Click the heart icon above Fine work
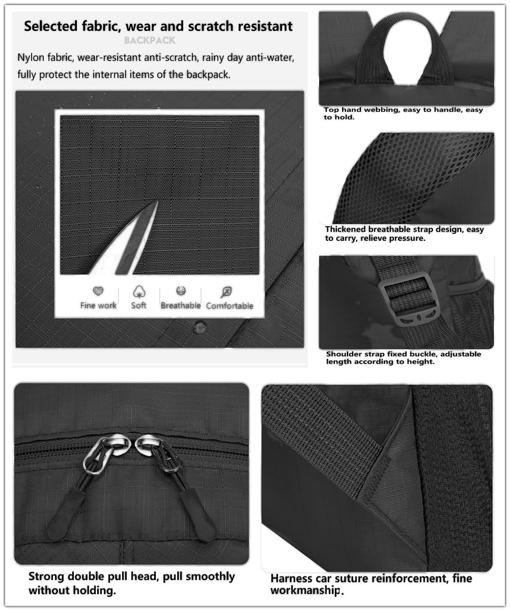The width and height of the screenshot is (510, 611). pos(98,291)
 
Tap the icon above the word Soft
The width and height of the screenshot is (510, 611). pos(138,292)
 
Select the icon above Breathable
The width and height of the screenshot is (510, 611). pos(181,291)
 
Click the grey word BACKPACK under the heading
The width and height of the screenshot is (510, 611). pos(150,40)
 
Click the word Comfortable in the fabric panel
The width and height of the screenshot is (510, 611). pos(230,305)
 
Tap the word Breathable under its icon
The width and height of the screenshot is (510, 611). pos(181,305)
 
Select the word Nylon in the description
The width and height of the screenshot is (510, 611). pos(30,57)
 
